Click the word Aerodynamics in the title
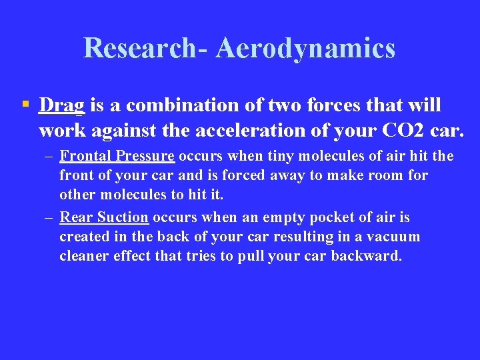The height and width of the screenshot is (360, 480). pyautogui.click(x=305, y=49)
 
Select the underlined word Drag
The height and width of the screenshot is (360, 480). pyautogui.click(x=61, y=105)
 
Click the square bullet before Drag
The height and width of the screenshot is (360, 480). pyautogui.click(x=25, y=104)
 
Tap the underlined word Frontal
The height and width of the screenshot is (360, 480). pyautogui.click(x=85, y=156)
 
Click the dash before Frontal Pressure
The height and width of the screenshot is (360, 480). pyautogui.click(x=49, y=157)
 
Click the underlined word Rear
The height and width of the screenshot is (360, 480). pyautogui.click(x=75, y=217)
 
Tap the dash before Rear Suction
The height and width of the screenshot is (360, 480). pyautogui.click(x=49, y=218)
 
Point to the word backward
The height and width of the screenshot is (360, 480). pyautogui.click(x=371, y=257)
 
